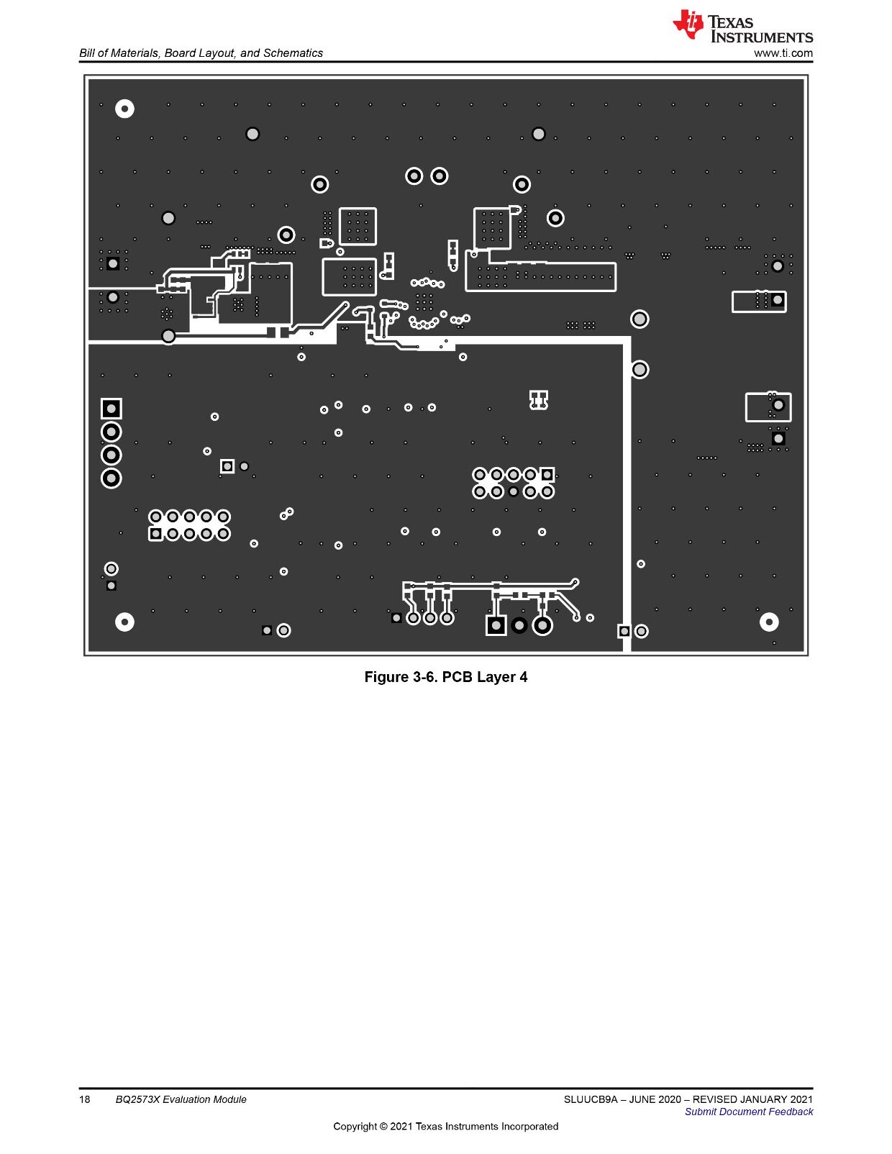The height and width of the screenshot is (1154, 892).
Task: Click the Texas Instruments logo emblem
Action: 688,24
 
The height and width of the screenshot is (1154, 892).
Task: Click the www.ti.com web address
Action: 783,53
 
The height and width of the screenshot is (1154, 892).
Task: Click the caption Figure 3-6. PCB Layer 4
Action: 446,677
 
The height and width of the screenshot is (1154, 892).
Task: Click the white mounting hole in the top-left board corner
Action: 124,109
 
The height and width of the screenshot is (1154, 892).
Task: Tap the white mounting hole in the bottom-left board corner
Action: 124,622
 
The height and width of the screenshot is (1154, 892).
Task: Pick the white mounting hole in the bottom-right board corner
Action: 769,622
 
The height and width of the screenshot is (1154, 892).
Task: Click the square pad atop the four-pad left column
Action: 111,409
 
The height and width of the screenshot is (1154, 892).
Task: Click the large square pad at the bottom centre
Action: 496,625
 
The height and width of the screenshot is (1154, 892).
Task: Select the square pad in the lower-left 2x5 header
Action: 155,534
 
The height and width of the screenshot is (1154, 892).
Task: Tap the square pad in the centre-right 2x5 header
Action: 547,474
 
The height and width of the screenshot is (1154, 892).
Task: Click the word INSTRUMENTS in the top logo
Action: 762,37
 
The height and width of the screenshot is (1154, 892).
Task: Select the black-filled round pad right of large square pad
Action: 519,626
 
